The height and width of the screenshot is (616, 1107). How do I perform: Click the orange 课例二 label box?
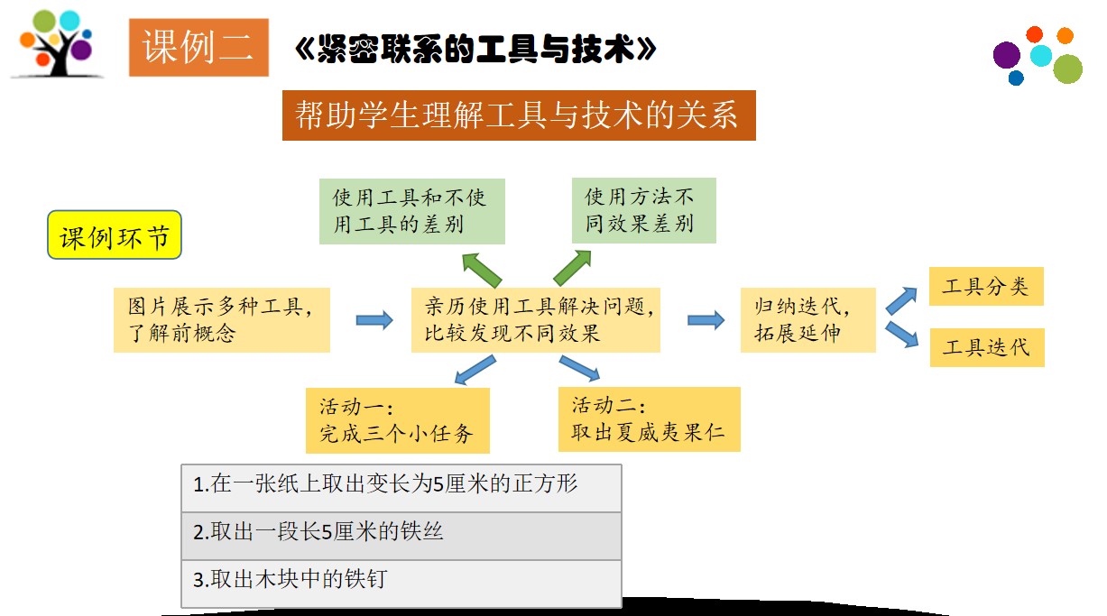click(x=198, y=48)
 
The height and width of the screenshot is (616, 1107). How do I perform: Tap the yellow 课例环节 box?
click(x=115, y=234)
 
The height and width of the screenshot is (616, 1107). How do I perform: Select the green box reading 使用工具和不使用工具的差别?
click(x=411, y=211)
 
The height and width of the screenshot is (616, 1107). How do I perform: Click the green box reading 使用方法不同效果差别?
click(x=643, y=210)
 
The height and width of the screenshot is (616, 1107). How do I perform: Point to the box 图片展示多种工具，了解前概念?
click(x=222, y=319)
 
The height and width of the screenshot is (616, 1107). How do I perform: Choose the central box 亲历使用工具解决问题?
click(x=536, y=319)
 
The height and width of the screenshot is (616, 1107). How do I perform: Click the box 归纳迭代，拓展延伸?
click(x=808, y=319)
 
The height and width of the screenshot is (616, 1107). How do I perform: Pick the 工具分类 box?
click(x=986, y=287)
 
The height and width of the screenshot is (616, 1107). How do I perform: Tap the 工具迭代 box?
click(x=987, y=347)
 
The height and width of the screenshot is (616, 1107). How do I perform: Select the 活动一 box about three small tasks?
click(x=398, y=420)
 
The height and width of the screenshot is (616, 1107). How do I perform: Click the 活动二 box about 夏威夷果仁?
click(x=650, y=419)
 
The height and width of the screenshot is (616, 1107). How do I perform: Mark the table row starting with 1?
click(x=401, y=488)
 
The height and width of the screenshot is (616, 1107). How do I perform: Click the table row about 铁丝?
click(x=401, y=536)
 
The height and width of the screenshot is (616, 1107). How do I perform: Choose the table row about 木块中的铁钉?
click(x=401, y=584)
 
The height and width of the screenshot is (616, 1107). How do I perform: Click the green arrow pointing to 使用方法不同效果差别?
click(x=572, y=268)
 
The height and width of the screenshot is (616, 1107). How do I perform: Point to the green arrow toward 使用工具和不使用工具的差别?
click(x=482, y=270)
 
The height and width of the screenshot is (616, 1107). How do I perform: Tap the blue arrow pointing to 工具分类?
click(x=901, y=300)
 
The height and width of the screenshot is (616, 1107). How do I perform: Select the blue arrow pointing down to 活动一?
click(x=475, y=370)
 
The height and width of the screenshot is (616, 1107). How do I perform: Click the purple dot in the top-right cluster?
click(x=1007, y=55)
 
